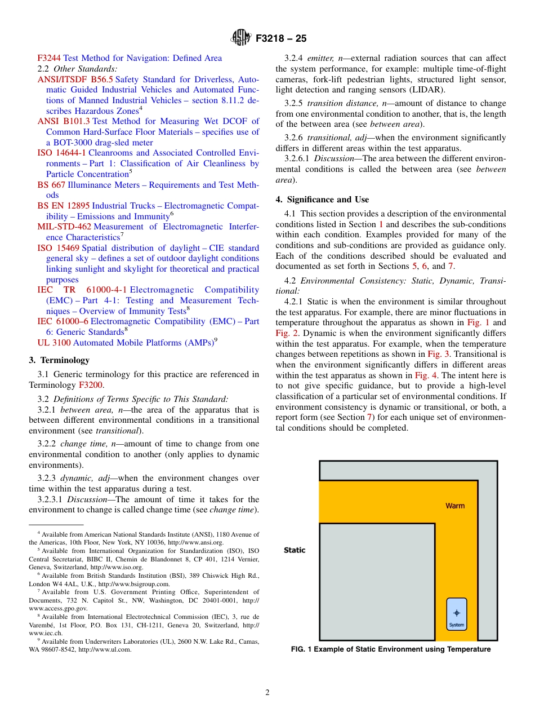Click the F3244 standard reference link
49,58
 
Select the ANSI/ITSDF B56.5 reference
75,79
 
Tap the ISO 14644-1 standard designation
61,153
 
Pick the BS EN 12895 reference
64,206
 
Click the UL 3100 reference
54,343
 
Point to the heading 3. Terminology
59,360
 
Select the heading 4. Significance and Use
322,200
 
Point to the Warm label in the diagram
455,506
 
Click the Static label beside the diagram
295,550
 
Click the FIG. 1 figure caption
390,649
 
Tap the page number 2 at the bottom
267,693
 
